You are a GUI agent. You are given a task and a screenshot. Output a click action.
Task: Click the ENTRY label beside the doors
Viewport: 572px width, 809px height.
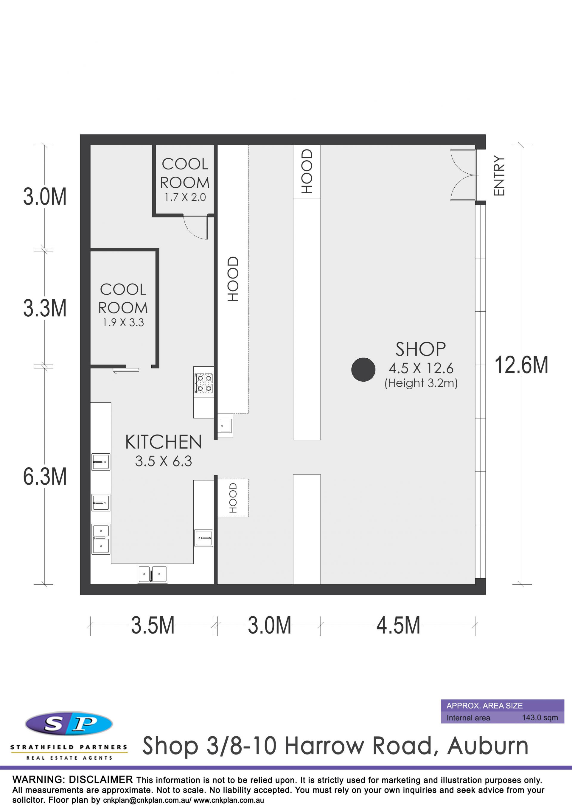499,175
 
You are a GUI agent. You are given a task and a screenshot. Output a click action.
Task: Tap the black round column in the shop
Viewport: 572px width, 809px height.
363,370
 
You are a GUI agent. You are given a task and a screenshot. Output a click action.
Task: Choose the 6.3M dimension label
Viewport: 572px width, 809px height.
45,477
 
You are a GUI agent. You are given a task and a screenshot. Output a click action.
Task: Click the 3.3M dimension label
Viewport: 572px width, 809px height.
45,308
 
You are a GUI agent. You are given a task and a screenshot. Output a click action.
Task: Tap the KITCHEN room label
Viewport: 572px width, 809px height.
164,442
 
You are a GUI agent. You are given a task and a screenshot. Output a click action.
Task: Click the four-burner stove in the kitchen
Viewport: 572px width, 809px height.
204,383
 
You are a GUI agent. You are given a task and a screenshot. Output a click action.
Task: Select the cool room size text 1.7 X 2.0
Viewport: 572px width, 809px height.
185,197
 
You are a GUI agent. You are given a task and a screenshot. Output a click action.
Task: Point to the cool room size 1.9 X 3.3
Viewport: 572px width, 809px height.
123,322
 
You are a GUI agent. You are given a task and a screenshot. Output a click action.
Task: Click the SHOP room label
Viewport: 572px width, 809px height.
420,349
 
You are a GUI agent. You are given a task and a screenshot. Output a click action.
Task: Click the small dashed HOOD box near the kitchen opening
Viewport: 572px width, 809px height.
233,497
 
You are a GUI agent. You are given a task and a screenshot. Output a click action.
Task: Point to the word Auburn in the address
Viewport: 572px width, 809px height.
488,746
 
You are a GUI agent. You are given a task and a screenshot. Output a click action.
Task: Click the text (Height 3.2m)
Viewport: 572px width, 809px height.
421,383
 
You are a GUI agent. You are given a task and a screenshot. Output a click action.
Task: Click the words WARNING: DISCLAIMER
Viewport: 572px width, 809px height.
73,780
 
